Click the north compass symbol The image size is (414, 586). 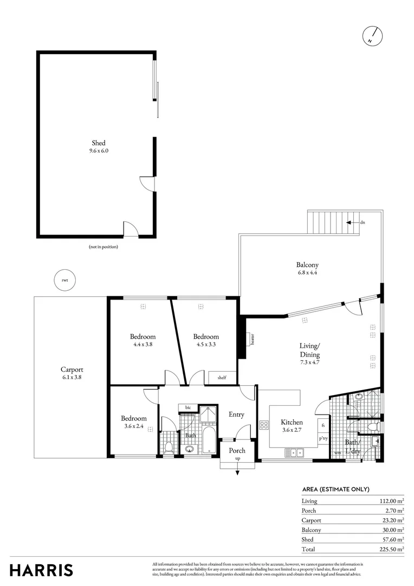(372, 36)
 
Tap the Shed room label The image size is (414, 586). (98, 143)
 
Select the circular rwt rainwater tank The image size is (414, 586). (65, 280)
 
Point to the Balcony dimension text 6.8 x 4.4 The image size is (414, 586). (306, 273)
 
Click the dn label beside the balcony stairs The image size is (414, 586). (362, 222)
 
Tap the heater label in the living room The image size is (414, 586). (253, 339)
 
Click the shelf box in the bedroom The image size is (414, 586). (222, 378)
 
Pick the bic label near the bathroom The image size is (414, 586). (188, 407)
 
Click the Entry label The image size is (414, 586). (236, 415)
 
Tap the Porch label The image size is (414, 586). (237, 450)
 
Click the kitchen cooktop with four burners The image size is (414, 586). (264, 425)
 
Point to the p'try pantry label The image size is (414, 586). (323, 438)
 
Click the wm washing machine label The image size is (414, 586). (337, 453)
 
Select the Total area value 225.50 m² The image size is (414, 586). (392, 549)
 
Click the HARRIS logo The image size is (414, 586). (41, 570)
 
